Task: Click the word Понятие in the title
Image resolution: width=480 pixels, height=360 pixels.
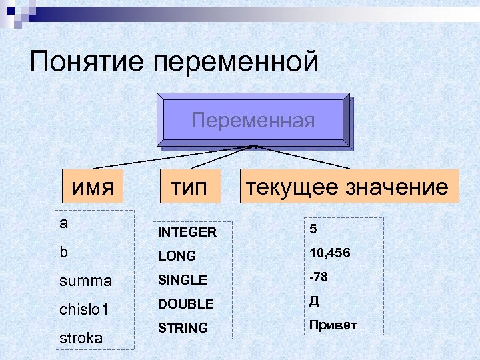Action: click(x=87, y=63)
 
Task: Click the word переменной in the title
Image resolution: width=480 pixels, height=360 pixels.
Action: click(x=236, y=63)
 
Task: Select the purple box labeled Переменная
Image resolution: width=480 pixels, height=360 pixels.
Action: click(x=253, y=121)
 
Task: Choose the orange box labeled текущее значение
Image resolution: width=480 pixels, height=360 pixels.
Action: click(x=346, y=187)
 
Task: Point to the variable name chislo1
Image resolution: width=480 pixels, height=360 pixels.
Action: click(x=84, y=310)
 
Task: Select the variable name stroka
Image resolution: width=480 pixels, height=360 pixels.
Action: click(x=81, y=338)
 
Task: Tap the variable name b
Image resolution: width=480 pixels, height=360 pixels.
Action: click(x=63, y=253)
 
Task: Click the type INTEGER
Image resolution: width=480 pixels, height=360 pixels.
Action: click(x=187, y=233)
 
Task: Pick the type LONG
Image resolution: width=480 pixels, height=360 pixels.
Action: click(x=177, y=256)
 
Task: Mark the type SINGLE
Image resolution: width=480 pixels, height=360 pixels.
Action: click(x=183, y=280)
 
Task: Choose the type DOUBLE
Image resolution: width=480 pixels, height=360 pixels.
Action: click(x=185, y=304)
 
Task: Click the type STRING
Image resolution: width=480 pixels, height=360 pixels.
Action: click(x=183, y=328)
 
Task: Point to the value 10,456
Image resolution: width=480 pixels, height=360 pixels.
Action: click(x=329, y=253)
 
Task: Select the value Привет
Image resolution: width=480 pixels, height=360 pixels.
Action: click(x=333, y=325)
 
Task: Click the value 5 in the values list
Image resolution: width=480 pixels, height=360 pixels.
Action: click(x=313, y=229)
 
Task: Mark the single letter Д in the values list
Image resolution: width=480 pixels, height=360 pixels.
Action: click(x=314, y=301)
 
